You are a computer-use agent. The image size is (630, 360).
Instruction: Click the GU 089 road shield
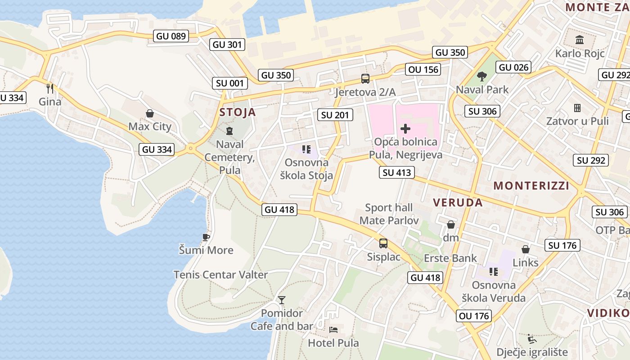[171, 36]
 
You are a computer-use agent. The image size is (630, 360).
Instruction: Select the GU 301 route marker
[228, 45]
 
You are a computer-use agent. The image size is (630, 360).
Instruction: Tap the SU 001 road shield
[230, 83]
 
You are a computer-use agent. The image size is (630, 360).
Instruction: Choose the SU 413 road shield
[396, 172]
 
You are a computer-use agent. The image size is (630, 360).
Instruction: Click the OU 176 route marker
[474, 316]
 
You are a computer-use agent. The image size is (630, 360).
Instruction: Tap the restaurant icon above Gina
[50, 88]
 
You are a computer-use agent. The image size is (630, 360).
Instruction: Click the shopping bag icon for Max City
[150, 113]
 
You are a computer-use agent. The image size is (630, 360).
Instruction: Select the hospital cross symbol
[405, 129]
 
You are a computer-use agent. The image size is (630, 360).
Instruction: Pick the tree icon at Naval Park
[482, 76]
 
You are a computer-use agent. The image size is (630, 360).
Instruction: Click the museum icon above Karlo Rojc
[580, 40]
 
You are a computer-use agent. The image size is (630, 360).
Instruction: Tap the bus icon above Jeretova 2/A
[365, 79]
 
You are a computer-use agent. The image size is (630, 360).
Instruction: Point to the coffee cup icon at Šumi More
[206, 237]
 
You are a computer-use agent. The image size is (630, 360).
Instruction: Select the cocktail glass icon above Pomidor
[282, 300]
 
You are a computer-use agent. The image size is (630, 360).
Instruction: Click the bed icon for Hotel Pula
[333, 330]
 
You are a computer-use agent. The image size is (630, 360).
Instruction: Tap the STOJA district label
[238, 112]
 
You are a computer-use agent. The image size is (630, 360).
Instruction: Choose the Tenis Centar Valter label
[221, 274]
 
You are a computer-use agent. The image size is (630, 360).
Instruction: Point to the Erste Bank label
[450, 258]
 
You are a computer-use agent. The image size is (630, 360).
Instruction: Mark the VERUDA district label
[458, 202]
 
